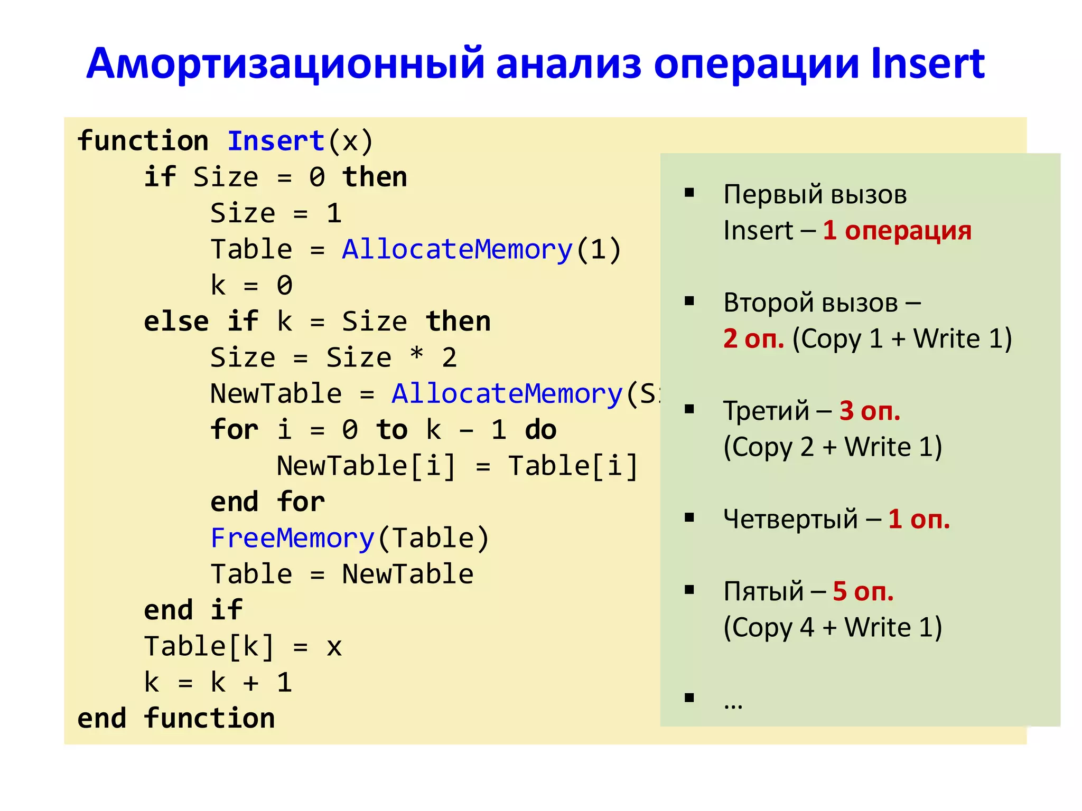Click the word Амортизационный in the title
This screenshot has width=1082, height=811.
tap(285, 64)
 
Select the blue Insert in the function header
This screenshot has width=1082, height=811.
tap(276, 141)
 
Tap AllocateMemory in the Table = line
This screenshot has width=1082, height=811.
tap(458, 249)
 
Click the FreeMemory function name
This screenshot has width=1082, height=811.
tap(293, 538)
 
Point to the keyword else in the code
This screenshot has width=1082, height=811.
tap(176, 322)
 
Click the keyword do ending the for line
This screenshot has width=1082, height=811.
tap(540, 430)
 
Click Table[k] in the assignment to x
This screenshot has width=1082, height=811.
tap(209, 647)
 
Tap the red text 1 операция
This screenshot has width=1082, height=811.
tap(897, 231)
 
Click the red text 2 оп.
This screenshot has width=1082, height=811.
tap(754, 338)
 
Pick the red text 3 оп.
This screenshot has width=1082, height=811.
tap(870, 411)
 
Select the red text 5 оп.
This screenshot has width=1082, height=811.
tap(863, 591)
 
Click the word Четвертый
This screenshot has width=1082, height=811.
tap(790, 519)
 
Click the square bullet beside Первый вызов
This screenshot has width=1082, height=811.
tap(689, 193)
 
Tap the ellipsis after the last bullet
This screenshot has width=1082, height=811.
tap(733, 704)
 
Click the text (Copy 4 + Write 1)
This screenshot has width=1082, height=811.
tap(833, 628)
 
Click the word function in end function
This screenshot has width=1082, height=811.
tap(209, 719)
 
